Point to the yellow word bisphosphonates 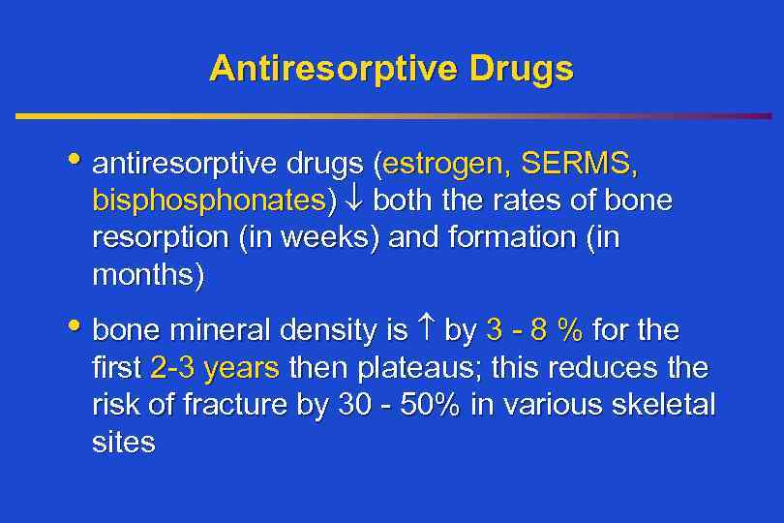[209, 201]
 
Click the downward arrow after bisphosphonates [351, 201]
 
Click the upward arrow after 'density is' [426, 332]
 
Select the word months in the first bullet [147, 276]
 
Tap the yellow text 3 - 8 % [534, 332]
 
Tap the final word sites [123, 443]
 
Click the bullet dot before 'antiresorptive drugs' [76, 161]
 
